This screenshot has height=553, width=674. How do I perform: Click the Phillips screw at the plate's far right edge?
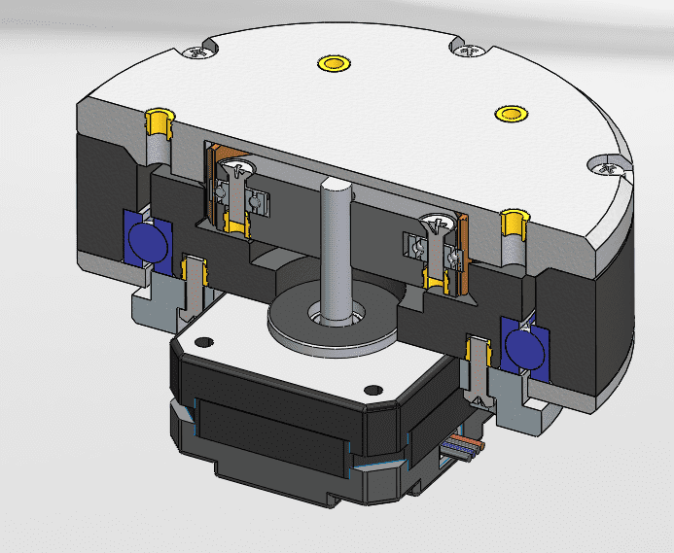[611, 168]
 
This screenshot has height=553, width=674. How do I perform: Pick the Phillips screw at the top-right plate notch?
[470, 50]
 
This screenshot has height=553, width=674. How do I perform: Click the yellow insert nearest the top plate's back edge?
[334, 64]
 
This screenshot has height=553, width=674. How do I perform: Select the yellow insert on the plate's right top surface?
[510, 113]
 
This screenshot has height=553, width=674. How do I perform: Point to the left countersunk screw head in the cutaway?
[235, 172]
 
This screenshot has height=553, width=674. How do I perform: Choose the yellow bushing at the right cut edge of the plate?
[513, 223]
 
